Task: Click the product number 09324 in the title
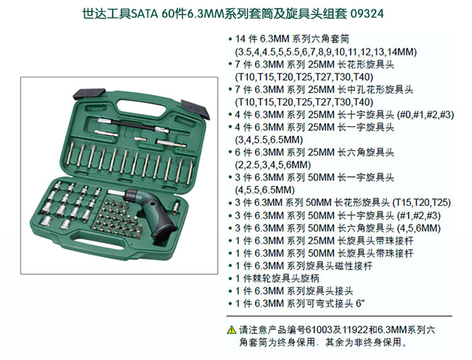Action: click(367, 14)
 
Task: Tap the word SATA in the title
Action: click(145, 14)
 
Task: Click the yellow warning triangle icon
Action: click(231, 330)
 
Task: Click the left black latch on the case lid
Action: click(89, 94)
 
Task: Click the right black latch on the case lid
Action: click(195, 109)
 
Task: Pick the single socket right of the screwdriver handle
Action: click(177, 208)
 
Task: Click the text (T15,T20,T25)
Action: click(421, 202)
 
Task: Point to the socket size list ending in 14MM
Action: click(326, 52)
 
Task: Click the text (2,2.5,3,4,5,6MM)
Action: click(272, 165)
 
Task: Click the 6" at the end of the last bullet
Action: click(360, 303)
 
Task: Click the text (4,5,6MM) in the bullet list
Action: click(419, 228)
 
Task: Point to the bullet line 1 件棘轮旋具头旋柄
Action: click(277, 278)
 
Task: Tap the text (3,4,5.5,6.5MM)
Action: click(269, 140)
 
